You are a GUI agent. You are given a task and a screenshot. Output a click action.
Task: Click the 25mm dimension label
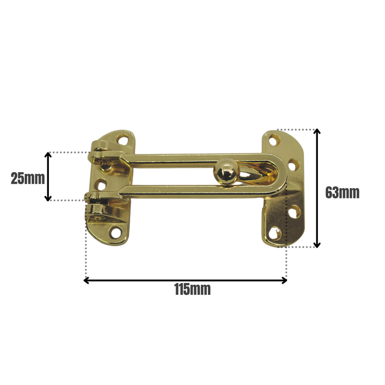click(x=27, y=178)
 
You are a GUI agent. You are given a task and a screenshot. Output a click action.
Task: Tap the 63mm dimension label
click(x=342, y=193)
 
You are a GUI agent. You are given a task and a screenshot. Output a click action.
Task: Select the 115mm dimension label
click(x=192, y=289)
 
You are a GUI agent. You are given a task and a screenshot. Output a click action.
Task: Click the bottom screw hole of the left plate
click(x=116, y=233)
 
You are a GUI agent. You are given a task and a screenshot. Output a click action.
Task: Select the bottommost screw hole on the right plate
click(x=275, y=234)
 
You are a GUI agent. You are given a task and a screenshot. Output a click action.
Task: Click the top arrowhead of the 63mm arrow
click(x=317, y=133)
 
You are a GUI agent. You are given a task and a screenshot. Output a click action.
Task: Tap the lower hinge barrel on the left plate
click(x=97, y=212)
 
